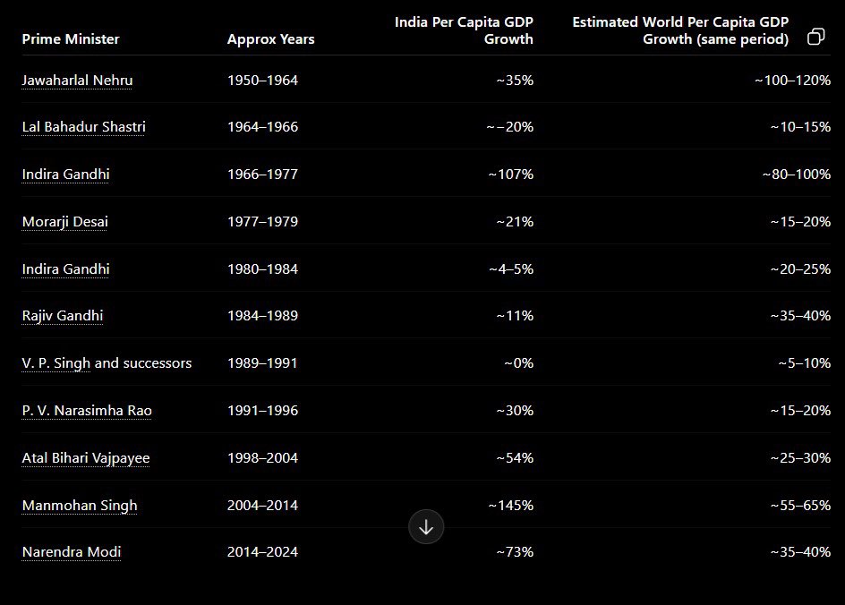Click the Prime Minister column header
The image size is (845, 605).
point(71,38)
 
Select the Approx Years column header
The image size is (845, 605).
point(270,38)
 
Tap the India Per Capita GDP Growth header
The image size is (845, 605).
point(464,30)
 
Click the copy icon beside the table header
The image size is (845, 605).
point(815,37)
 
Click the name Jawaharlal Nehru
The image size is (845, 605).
point(77,81)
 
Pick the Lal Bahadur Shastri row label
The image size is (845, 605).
point(83,127)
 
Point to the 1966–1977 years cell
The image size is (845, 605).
point(262,174)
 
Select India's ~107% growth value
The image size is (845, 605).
point(510,174)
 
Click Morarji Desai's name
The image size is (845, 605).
point(64,222)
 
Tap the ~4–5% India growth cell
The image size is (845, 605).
point(511,268)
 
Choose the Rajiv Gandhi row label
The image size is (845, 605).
point(63,316)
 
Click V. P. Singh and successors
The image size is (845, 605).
point(107,363)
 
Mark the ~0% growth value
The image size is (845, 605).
point(518,363)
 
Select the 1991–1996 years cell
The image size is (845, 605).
point(262,411)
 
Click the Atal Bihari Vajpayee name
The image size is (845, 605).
point(86,458)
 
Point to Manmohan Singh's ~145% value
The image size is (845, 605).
point(510,506)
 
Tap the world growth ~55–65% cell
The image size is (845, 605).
point(800,506)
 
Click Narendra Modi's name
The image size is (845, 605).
point(72,552)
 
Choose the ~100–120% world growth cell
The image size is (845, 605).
point(792,81)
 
